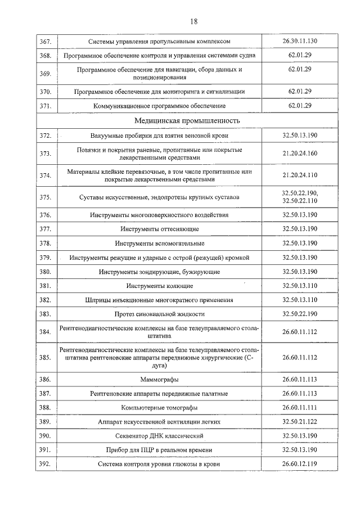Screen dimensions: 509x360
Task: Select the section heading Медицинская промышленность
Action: [x=187, y=120]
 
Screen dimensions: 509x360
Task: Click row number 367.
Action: [x=46, y=42]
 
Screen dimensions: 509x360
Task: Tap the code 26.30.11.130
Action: [x=300, y=42]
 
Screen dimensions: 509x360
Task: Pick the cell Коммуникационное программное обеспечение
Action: [x=160, y=106]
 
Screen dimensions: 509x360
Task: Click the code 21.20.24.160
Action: [x=300, y=153]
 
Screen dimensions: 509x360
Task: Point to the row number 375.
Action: [x=46, y=197]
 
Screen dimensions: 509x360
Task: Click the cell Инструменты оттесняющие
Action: [x=160, y=229]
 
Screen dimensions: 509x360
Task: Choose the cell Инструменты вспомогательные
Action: [x=160, y=244]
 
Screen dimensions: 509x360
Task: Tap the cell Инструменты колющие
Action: [x=160, y=286]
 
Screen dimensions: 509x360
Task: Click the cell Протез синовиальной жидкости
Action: [x=160, y=314]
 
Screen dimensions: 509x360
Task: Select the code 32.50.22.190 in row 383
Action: [x=300, y=314]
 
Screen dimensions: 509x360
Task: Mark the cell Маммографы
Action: [x=160, y=380]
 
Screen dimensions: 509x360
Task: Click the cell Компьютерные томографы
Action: [x=160, y=407]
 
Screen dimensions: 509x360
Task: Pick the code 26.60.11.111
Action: [x=300, y=407]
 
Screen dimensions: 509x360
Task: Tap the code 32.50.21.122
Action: [x=300, y=421]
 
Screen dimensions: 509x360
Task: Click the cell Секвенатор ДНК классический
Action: [x=160, y=436]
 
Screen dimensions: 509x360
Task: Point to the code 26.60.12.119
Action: [x=300, y=464]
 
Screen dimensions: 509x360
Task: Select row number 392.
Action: [x=46, y=464]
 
